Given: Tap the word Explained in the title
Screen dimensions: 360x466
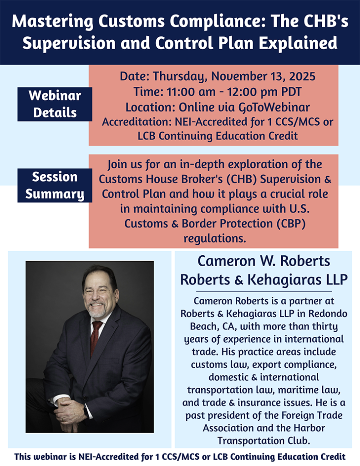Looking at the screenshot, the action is [298, 43].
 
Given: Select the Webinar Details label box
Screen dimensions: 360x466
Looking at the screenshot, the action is [55, 104].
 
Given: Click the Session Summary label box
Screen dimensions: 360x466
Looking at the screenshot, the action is [55, 186].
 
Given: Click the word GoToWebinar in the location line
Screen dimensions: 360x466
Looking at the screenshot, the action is [274, 107].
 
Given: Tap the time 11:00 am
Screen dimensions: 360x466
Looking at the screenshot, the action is [191, 92].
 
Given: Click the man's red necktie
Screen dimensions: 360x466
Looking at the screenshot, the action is [95, 337].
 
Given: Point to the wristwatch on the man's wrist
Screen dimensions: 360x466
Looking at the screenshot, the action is [86, 411].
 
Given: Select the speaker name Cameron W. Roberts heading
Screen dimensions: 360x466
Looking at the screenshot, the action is [264, 261].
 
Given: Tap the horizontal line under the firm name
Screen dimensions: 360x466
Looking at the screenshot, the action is [264, 292].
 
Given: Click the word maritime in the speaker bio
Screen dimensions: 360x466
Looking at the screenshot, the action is [298, 390].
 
